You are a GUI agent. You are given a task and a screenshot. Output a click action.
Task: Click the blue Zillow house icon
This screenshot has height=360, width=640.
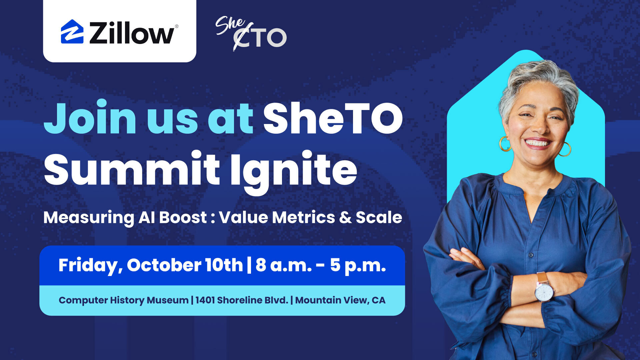[72, 32]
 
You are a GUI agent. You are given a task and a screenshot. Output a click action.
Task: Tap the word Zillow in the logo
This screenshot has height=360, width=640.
[132, 33]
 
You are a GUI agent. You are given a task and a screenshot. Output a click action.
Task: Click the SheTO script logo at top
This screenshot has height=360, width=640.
[251, 33]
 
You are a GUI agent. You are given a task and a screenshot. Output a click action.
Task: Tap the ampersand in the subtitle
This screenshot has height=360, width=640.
[345, 217]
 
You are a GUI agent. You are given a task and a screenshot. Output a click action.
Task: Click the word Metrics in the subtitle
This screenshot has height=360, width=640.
[303, 217]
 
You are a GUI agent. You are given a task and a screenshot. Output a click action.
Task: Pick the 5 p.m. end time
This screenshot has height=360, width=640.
[358, 266]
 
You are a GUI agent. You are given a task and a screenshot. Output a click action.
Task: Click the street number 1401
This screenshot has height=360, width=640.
[205, 300]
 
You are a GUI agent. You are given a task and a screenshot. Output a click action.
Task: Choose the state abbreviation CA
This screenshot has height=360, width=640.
[379, 300]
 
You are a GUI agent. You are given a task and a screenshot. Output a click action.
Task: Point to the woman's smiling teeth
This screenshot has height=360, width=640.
[537, 143]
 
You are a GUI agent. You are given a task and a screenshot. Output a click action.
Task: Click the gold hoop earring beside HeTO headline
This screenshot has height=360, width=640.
[504, 144]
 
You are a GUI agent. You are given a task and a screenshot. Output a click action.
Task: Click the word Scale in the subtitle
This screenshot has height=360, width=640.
[379, 217]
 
